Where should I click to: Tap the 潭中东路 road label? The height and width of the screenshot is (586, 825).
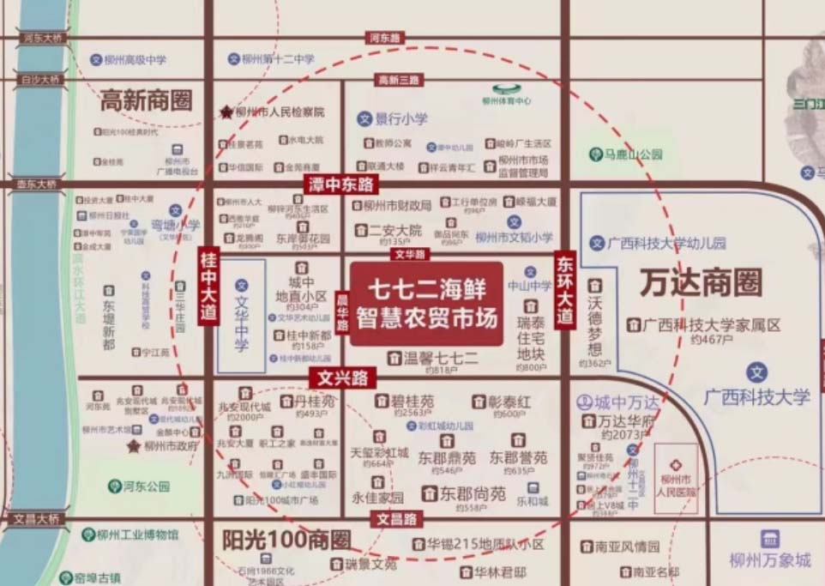pyautogui.click(x=341, y=184)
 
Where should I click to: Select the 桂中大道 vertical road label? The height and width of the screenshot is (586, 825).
pyautogui.click(x=208, y=285)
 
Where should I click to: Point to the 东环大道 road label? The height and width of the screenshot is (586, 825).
pyautogui.click(x=564, y=288)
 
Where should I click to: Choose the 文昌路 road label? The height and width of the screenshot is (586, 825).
pyautogui.click(x=397, y=518)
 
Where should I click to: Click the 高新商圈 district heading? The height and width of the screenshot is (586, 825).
pyautogui.click(x=146, y=100)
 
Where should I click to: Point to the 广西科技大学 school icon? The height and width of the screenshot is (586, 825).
pyautogui.click(x=756, y=372)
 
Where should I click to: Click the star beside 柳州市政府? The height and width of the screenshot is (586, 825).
pyautogui.click(x=133, y=446)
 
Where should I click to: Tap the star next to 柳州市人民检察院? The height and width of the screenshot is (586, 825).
pyautogui.click(x=226, y=112)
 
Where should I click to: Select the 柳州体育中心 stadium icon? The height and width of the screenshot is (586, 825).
pyautogui.click(x=505, y=87)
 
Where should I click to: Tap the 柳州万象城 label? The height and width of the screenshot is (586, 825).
pyautogui.click(x=769, y=560)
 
